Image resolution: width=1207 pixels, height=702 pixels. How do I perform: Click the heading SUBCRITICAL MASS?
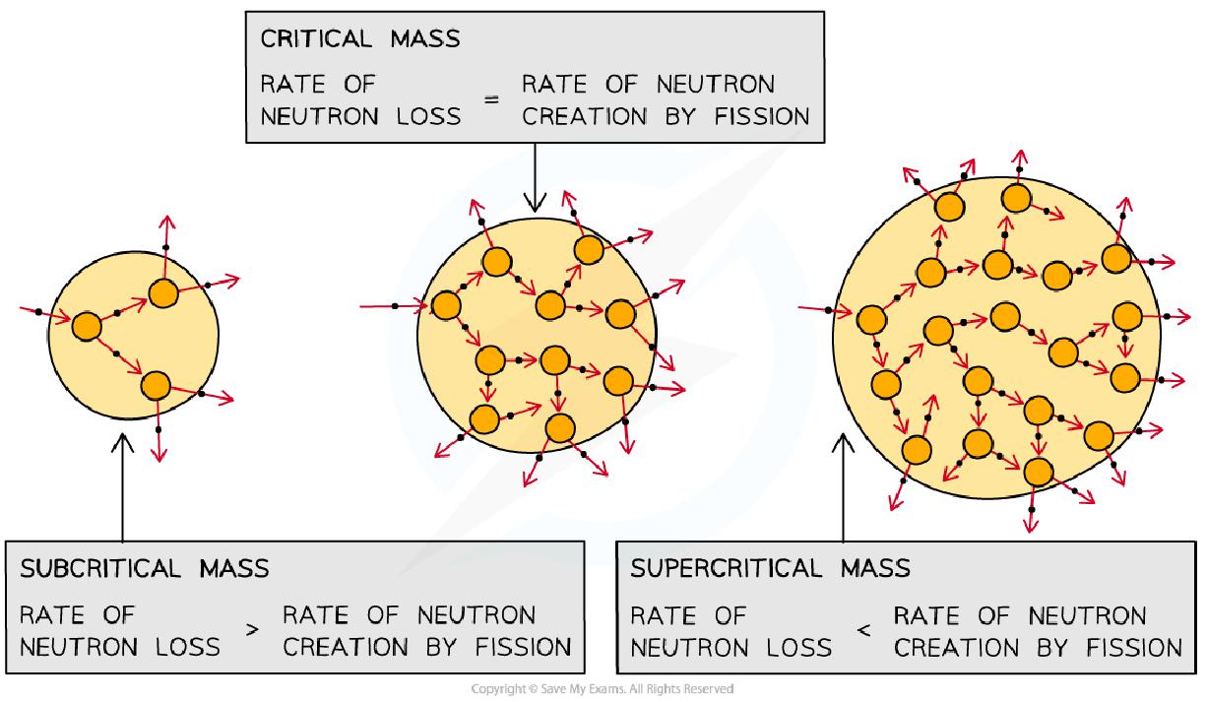coord(145,569)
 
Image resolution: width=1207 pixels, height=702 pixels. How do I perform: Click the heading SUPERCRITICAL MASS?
coord(771,569)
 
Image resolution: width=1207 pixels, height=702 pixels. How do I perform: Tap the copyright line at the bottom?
coord(603,689)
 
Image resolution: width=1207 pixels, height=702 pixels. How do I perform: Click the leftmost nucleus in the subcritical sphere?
coord(87,326)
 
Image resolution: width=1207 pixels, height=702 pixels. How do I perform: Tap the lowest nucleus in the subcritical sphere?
coord(156,385)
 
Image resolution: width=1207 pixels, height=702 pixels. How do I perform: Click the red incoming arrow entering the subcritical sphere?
coord(45,314)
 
